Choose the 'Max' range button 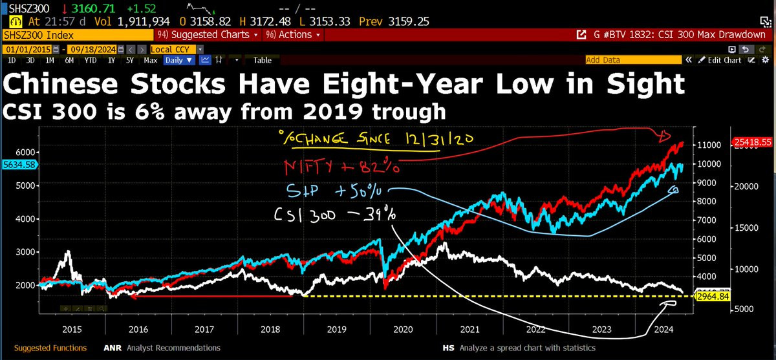tap(150, 60)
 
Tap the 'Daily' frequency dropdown tap(178, 60)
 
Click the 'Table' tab tap(262, 60)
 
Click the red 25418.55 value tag tap(752, 142)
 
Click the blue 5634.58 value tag tap(19, 165)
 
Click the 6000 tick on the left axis tap(24, 151)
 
